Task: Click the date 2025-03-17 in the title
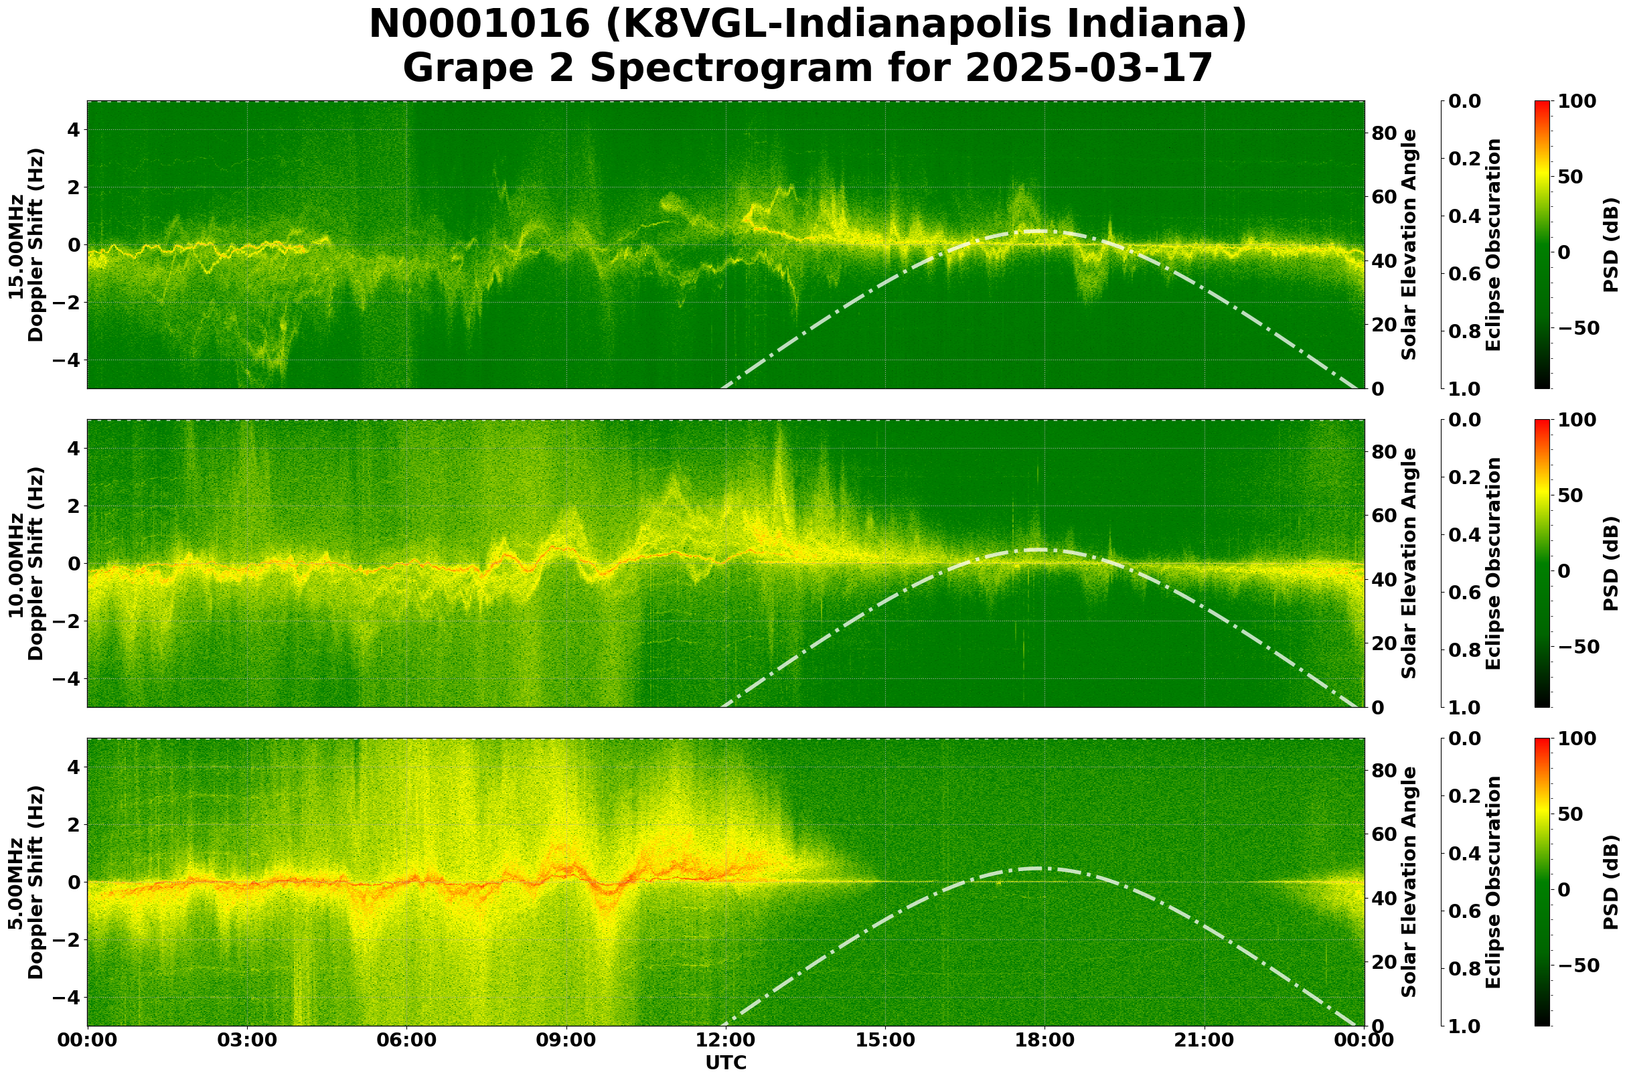click(x=1087, y=68)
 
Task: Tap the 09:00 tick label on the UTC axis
click(x=566, y=1040)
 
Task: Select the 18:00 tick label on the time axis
click(x=1044, y=1040)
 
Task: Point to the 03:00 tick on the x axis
click(x=246, y=1040)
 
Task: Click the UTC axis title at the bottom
click(x=725, y=1063)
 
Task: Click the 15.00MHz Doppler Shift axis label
click(x=26, y=245)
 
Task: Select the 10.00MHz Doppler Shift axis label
click(x=26, y=563)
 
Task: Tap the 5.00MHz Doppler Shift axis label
click(x=26, y=882)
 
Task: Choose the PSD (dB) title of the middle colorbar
click(x=1610, y=563)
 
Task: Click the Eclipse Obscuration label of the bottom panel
click(x=1493, y=882)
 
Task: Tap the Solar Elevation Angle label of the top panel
click(x=1409, y=245)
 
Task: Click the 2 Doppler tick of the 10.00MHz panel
click(x=74, y=506)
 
